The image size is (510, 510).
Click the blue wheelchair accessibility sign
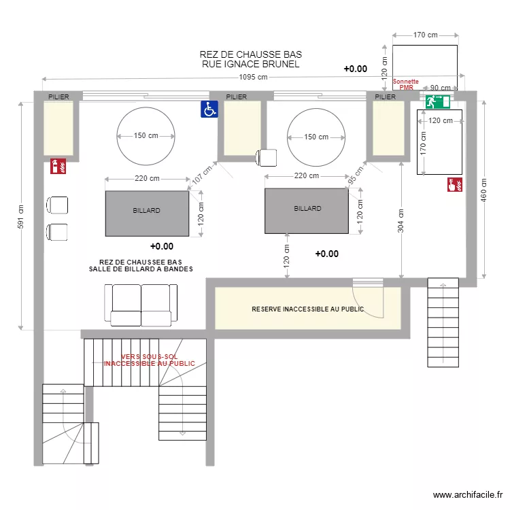[209, 109]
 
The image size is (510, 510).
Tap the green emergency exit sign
[438, 102]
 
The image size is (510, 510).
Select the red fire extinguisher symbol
[58, 166]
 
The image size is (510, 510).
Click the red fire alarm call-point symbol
[455, 184]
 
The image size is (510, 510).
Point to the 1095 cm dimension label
[254, 77]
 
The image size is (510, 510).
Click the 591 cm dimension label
[20, 216]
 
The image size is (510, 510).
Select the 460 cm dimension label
[483, 190]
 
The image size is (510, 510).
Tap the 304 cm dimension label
[401, 221]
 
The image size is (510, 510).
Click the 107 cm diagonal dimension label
[202, 175]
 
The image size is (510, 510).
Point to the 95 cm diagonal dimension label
[356, 175]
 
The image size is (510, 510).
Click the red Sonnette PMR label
[406, 84]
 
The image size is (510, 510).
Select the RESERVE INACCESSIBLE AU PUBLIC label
[307, 309]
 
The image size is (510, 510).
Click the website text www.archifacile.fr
[468, 495]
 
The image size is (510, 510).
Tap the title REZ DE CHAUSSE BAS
[251, 54]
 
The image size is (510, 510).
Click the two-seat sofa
[141, 305]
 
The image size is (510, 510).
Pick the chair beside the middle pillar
[266, 158]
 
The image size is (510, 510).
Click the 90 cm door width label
[441, 88]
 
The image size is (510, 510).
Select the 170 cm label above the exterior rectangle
[426, 35]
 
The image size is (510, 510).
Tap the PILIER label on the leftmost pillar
[58, 97]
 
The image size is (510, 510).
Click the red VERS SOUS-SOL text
[150, 356]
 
